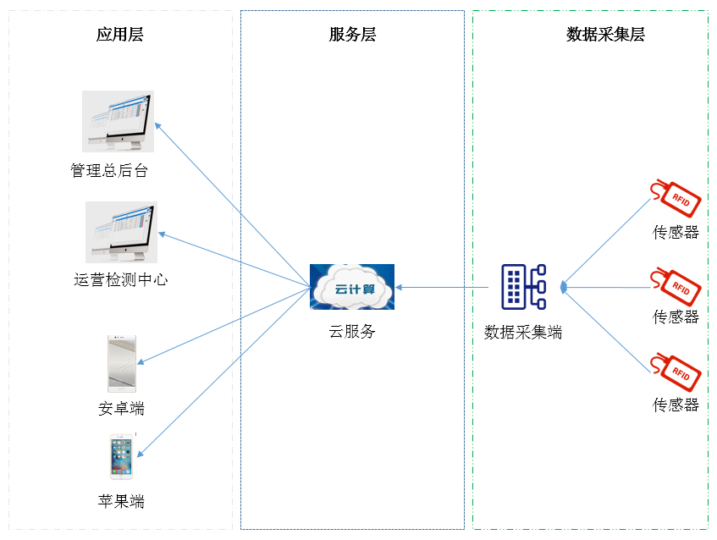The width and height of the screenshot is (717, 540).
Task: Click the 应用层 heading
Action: click(119, 35)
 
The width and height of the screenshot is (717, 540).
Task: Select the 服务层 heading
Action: click(352, 35)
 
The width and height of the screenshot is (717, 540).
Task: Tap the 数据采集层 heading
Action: click(605, 35)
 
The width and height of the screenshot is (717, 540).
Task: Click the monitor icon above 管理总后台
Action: click(118, 121)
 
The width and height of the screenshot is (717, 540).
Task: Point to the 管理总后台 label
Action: click(109, 171)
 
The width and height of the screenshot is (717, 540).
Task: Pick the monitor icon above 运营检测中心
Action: click(121, 231)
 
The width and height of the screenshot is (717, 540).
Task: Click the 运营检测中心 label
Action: click(120, 279)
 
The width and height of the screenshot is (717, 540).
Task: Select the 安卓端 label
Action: click(121, 410)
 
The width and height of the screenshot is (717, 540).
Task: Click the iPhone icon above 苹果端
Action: click(121, 458)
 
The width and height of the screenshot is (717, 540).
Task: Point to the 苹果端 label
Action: click(121, 501)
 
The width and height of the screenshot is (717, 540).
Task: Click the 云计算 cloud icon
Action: click(352, 287)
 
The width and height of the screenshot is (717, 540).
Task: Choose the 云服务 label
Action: click(352, 332)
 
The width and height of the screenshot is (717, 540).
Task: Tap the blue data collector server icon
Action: click(523, 286)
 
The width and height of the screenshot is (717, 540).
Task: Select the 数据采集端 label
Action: click(523, 333)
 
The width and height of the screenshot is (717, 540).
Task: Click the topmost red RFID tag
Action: click(675, 196)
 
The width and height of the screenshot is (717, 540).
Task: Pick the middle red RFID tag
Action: click(675, 284)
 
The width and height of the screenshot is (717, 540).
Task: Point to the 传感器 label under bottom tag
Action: click(676, 405)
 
